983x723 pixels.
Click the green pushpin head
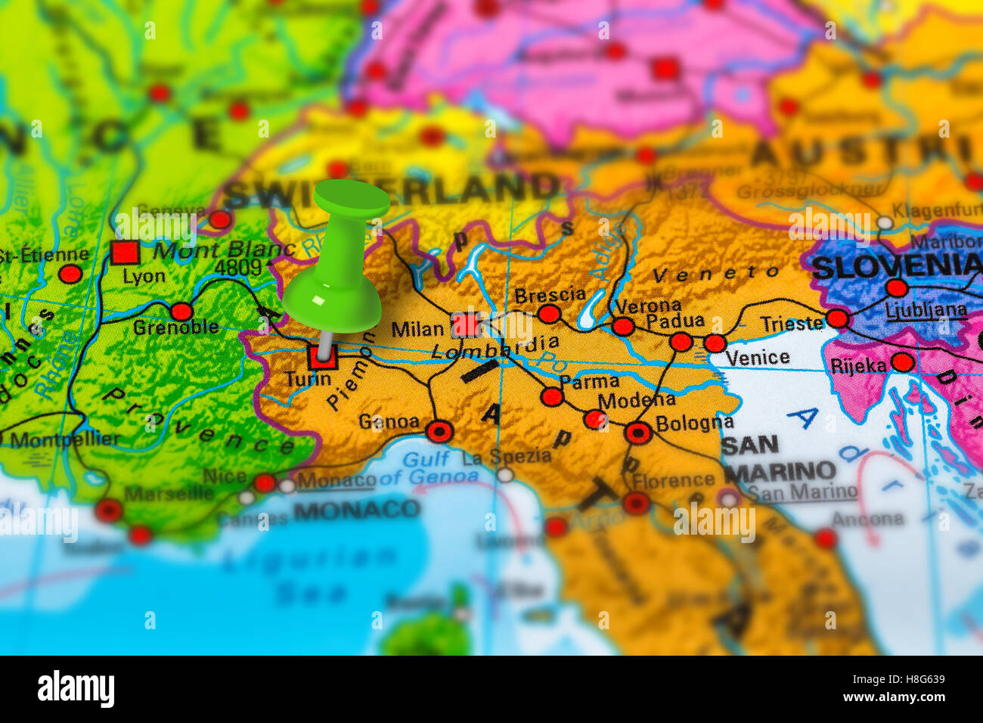coord(351,199)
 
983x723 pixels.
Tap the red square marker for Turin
coord(322,357)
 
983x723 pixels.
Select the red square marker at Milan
coord(466,325)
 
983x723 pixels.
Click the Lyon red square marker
coord(125,252)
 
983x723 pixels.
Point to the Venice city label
coord(757,358)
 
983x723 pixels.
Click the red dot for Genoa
coord(439,431)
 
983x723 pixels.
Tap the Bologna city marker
coord(638,433)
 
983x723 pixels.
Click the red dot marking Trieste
coord(837,318)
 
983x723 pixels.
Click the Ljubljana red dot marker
coord(896,288)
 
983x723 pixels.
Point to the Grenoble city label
coord(175,327)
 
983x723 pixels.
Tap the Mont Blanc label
coord(224,250)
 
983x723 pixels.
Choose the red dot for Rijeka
coord(902,362)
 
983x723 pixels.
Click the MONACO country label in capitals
coord(356,509)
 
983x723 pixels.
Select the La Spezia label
coord(506,456)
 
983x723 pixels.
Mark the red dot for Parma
coord(552,396)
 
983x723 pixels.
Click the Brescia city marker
coord(549,314)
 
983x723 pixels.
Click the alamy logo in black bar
coord(76,689)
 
